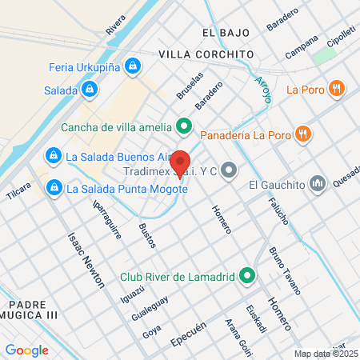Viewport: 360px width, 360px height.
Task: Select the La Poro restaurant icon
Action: (338, 89)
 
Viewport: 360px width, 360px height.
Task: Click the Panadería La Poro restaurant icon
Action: (302, 133)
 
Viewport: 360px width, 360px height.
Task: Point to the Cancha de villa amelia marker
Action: (184, 126)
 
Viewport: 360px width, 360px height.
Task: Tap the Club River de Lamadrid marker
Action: (247, 278)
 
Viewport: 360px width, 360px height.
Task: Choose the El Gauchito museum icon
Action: (318, 185)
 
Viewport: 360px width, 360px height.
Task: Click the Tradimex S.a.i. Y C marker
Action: (230, 170)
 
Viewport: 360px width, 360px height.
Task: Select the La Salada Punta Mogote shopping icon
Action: (54, 189)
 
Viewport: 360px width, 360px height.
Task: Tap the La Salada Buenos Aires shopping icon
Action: (53, 154)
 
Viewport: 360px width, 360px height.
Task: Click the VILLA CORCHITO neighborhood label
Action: (206, 54)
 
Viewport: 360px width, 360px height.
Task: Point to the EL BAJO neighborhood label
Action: (226, 33)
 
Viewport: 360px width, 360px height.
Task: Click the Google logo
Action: (26, 350)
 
